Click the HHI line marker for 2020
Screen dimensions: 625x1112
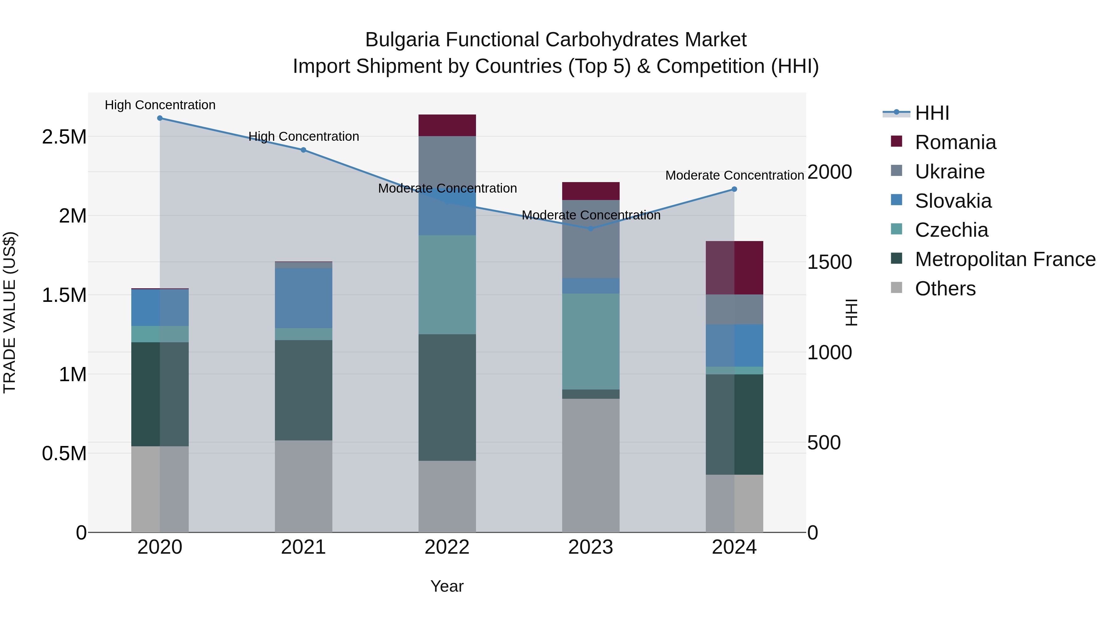[160, 118]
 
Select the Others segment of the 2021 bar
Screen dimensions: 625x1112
[303, 486]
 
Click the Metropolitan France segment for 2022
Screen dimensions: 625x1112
[447, 397]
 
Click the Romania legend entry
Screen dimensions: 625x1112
[955, 142]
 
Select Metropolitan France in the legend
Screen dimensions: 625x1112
[1005, 259]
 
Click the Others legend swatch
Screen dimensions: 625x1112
[896, 288]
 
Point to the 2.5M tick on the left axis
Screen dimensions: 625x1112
[64, 137]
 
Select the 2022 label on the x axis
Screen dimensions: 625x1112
[447, 547]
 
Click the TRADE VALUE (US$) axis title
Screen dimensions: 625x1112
[10, 312]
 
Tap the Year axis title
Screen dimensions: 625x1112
[447, 586]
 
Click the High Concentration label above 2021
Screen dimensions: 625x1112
[303, 136]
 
